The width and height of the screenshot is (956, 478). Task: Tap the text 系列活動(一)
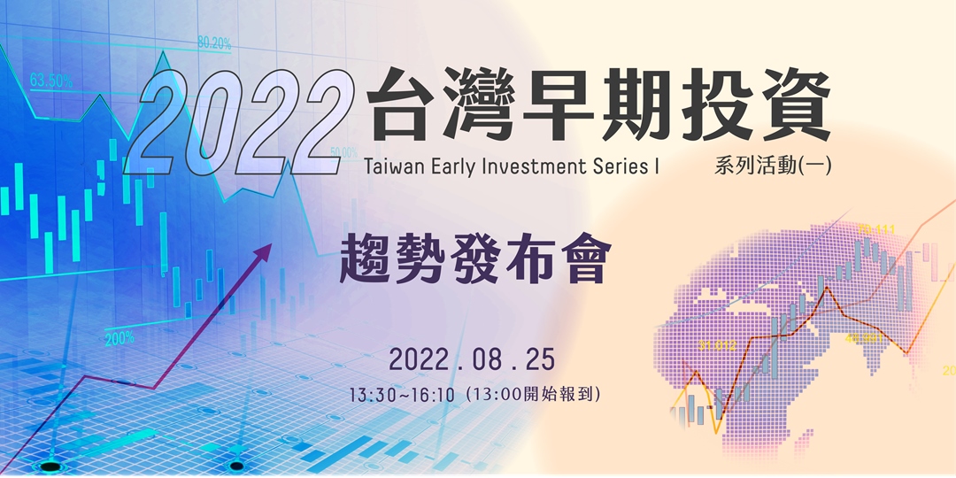771,166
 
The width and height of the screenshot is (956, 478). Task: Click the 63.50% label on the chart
51,81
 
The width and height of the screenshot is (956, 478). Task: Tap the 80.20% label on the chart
214,42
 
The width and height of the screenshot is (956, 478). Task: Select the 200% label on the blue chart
119,337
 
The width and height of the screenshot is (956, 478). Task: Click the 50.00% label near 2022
343,152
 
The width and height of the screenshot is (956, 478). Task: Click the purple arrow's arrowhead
264,252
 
